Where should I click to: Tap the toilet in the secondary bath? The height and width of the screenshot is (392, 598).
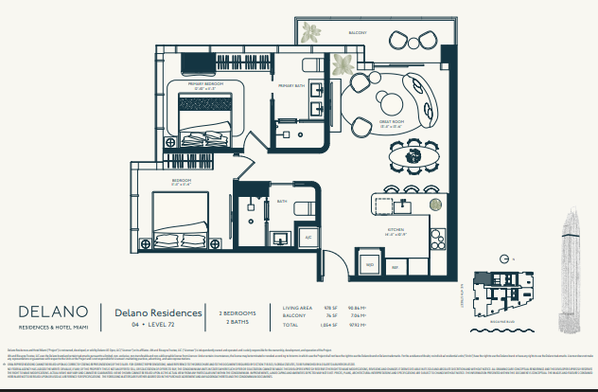pos(301,208)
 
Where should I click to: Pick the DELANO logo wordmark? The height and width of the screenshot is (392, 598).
pos(53,311)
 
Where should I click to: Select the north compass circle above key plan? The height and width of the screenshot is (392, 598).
pos(508,257)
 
